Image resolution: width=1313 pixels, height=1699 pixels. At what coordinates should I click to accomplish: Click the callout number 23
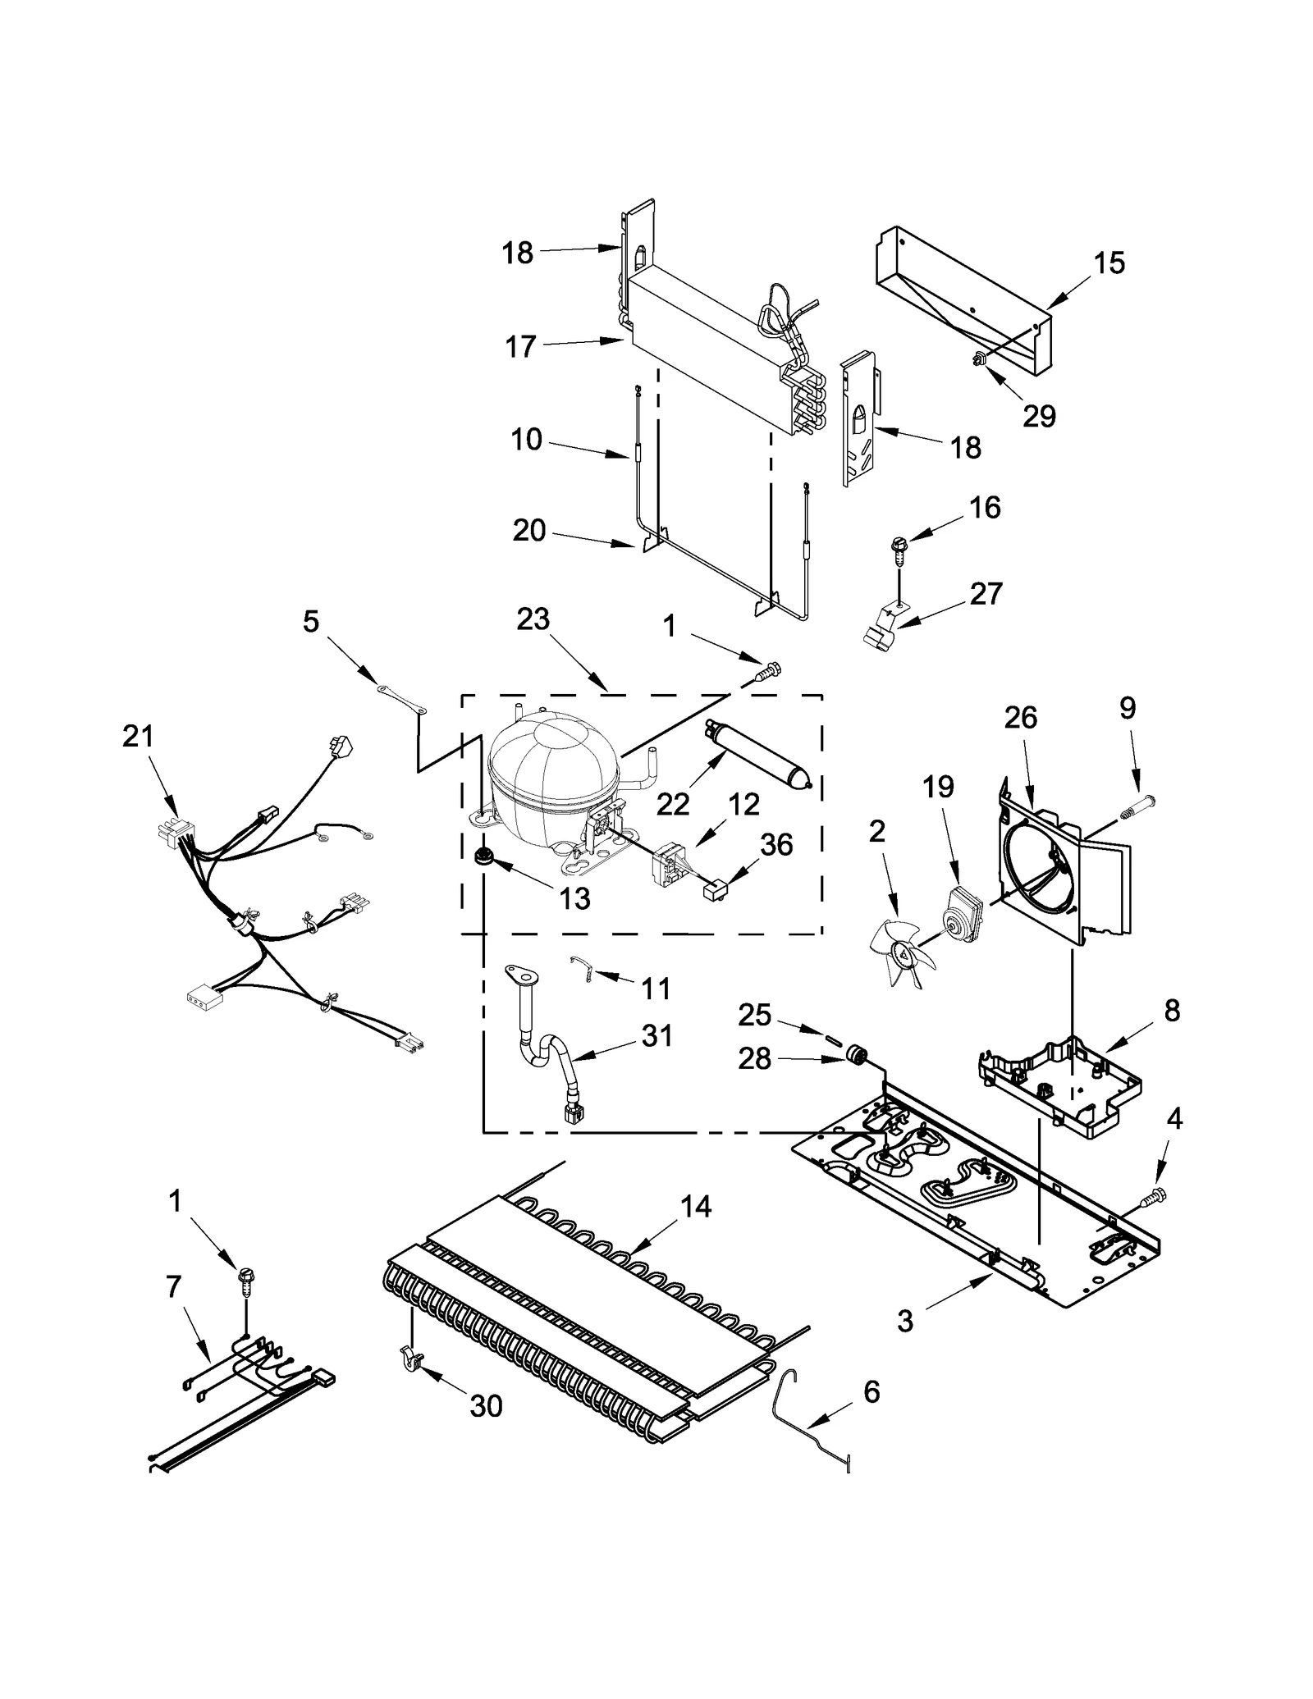(x=533, y=619)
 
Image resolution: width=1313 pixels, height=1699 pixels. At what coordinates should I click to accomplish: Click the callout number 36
(x=775, y=844)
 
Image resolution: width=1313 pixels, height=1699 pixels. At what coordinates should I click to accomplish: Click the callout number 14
(x=695, y=1207)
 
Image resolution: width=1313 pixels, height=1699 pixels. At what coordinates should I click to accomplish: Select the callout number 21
(x=138, y=736)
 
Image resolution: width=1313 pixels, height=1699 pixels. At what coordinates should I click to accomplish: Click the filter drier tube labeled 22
(x=757, y=752)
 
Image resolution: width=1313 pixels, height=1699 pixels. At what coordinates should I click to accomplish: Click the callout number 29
(x=1038, y=416)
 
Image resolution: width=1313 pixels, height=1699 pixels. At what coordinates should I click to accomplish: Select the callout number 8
(x=1172, y=1011)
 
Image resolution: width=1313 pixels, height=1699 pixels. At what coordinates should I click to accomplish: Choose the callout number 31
(x=657, y=1035)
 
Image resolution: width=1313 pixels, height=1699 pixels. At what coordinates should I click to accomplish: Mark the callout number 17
(x=520, y=347)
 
